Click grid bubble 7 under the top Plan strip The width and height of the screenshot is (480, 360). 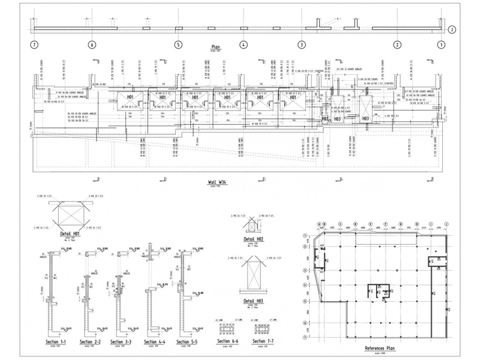pyautogui.click(x=35, y=44)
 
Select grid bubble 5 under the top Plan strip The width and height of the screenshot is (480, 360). pyautogui.click(x=178, y=44)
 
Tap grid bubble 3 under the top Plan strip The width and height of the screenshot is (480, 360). pyautogui.click(x=302, y=44)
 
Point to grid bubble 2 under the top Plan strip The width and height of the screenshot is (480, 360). pyautogui.click(x=397, y=44)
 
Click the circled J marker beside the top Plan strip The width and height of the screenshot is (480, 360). pyautogui.click(x=452, y=28)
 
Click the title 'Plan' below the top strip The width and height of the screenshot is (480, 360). pyautogui.click(x=216, y=46)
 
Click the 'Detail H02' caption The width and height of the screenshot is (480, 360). pyautogui.click(x=254, y=239)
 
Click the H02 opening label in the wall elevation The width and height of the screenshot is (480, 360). pyautogui.click(x=325, y=119)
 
